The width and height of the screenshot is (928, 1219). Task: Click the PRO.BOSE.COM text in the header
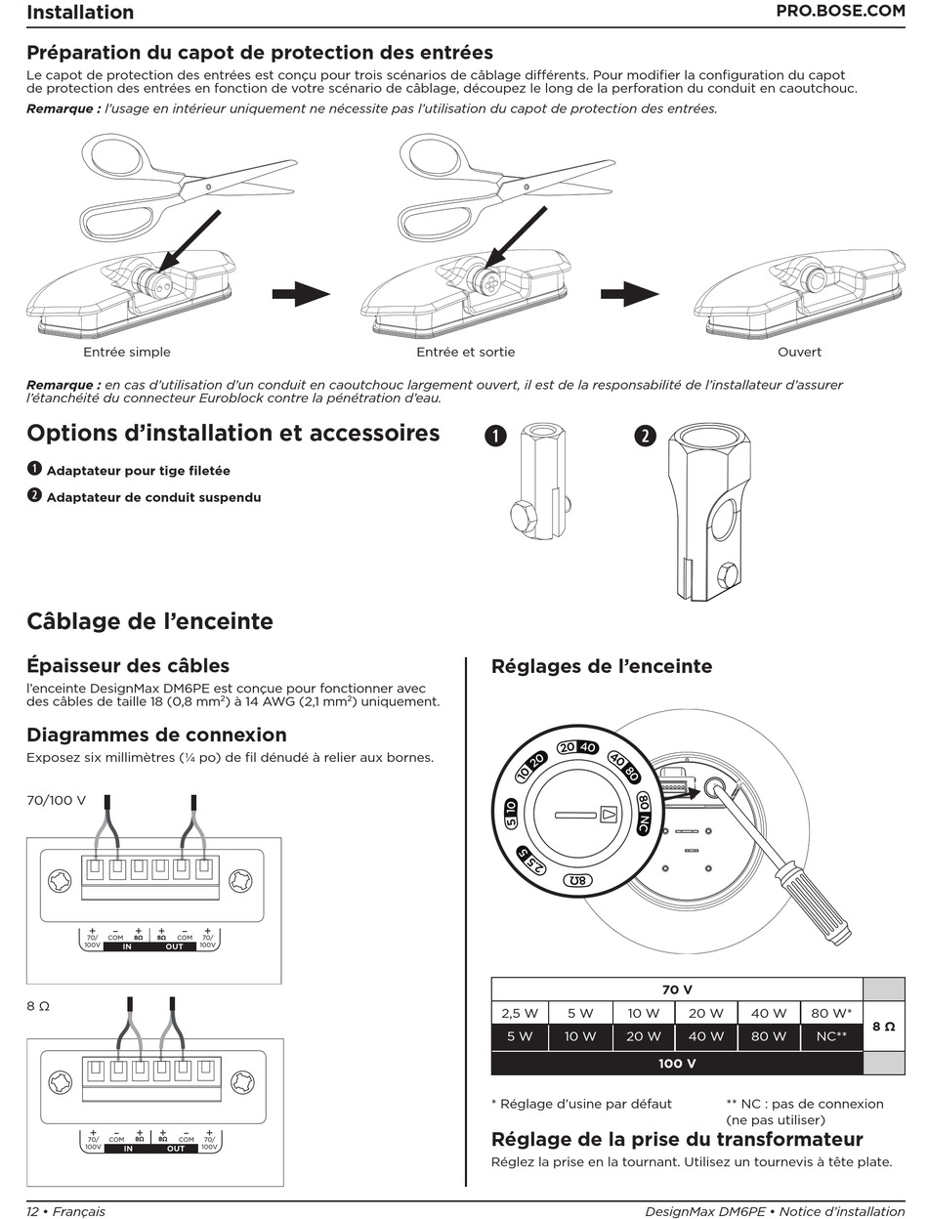click(840, 12)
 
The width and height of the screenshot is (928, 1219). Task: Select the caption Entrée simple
click(127, 352)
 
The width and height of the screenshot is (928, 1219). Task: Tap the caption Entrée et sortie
click(465, 352)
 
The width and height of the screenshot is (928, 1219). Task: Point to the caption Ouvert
click(799, 352)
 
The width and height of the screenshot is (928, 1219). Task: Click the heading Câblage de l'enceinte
click(149, 621)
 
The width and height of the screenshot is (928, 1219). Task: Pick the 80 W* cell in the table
click(831, 1013)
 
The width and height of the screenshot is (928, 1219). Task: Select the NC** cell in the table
click(831, 1036)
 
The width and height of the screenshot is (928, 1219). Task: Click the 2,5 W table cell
click(520, 1013)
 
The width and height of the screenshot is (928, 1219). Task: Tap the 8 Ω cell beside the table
click(883, 1026)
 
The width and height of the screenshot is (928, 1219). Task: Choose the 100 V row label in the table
click(677, 1063)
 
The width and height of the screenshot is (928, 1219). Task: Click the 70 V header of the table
click(677, 989)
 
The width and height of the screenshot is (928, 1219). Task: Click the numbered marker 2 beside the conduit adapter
click(645, 437)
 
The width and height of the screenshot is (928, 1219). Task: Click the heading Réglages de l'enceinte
click(602, 666)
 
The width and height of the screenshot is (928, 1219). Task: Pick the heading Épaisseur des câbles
click(128, 665)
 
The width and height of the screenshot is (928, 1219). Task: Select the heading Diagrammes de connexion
click(156, 735)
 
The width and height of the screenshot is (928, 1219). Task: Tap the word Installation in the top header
click(80, 13)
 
